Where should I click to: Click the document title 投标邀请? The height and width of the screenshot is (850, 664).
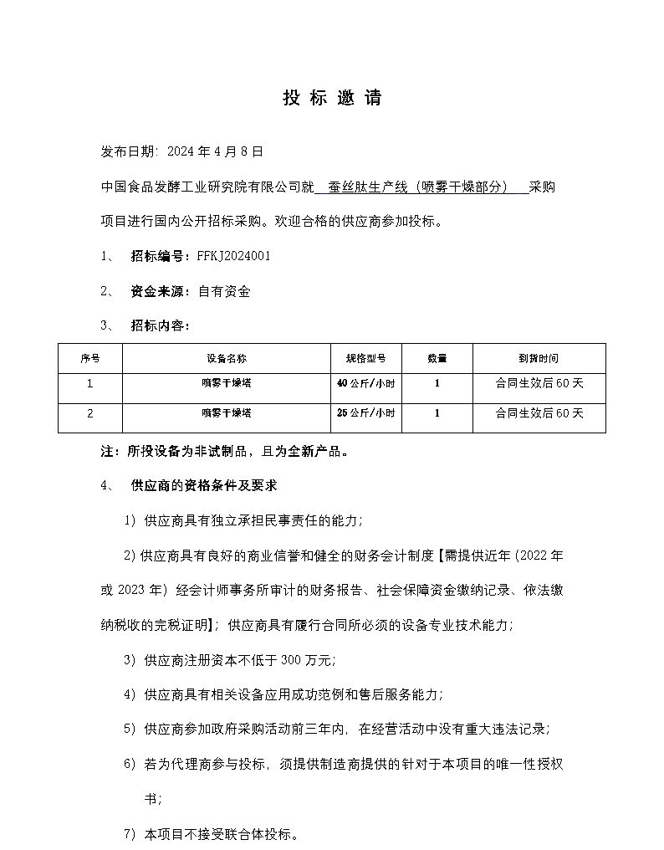pyautogui.click(x=332, y=98)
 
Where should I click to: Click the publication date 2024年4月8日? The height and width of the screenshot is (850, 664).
pyautogui.click(x=215, y=151)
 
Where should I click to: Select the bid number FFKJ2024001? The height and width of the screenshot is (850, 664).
pyautogui.click(x=233, y=256)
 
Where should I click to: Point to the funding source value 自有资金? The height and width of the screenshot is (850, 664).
pyautogui.click(x=223, y=291)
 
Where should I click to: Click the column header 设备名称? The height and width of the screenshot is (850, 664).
pyautogui.click(x=227, y=358)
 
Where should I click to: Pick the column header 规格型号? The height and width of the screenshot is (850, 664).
pyautogui.click(x=365, y=358)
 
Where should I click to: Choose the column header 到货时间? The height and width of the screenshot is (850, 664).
pyautogui.click(x=539, y=358)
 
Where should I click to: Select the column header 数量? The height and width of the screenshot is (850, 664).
pyautogui.click(x=437, y=358)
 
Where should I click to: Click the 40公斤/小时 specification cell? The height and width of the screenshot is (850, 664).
pyautogui.click(x=365, y=384)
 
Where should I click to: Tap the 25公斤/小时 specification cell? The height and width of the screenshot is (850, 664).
pyautogui.click(x=365, y=413)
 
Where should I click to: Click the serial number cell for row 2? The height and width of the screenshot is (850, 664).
pyautogui.click(x=90, y=413)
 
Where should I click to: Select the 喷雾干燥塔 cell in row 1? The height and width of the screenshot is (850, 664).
pyautogui.click(x=227, y=384)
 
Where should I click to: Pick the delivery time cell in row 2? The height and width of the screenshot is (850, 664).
pyautogui.click(x=539, y=413)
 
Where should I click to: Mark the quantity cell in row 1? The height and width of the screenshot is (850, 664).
pyautogui.click(x=437, y=384)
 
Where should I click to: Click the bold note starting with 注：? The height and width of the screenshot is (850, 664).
pyautogui.click(x=224, y=451)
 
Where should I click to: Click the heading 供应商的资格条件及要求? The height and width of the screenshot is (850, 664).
pyautogui.click(x=204, y=485)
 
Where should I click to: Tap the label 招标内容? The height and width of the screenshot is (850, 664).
pyautogui.click(x=160, y=325)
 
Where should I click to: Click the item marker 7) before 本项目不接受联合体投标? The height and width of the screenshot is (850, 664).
pyautogui.click(x=130, y=834)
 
